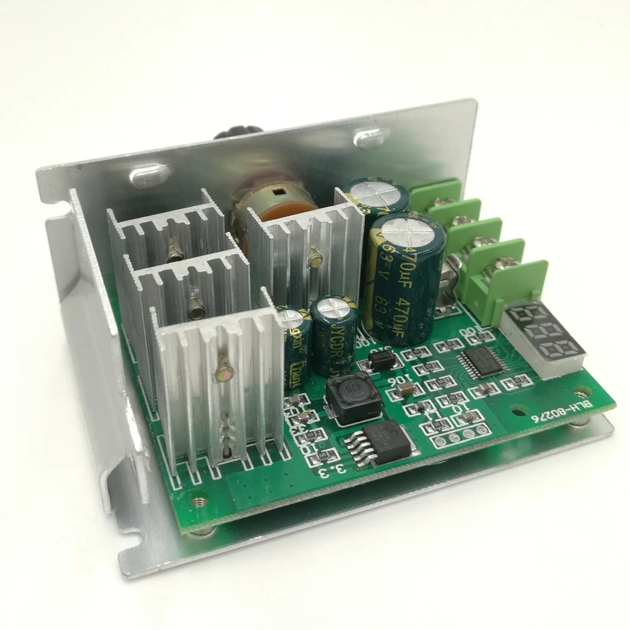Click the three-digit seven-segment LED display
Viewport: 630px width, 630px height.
click(x=544, y=337)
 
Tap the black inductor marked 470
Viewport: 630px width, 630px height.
click(x=353, y=403)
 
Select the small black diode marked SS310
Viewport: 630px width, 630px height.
click(x=382, y=361)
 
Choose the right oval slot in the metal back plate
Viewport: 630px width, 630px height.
click(x=368, y=137)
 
